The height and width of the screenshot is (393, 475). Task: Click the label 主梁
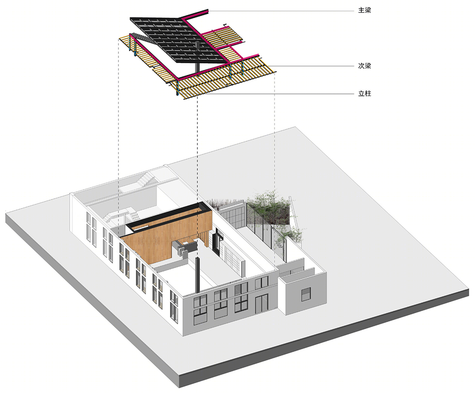point(365,11)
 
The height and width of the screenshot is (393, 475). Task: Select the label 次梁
point(365,66)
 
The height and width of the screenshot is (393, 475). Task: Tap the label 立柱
point(365,94)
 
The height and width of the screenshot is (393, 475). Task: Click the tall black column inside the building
point(197,275)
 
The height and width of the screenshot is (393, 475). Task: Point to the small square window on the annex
point(306,294)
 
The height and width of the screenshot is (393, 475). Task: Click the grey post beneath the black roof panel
point(197,57)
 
